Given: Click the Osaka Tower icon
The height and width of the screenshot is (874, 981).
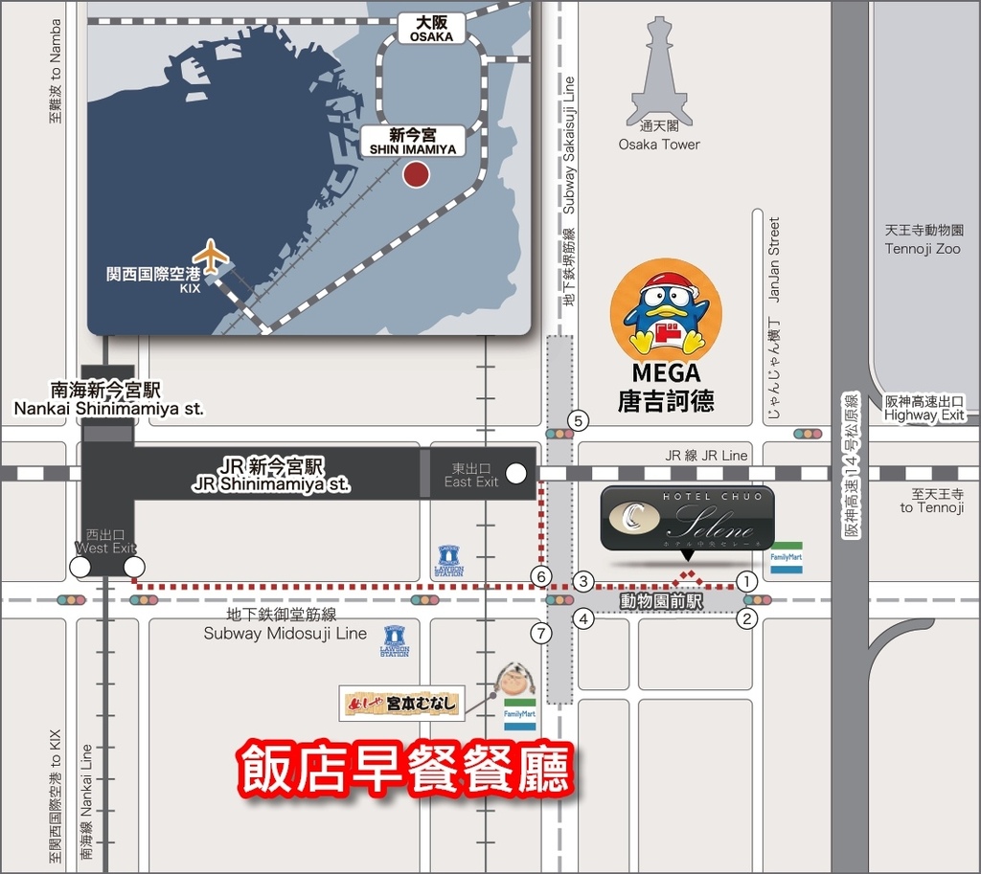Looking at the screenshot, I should [x=659, y=72].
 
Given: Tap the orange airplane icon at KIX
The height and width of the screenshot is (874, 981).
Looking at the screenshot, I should [x=211, y=257].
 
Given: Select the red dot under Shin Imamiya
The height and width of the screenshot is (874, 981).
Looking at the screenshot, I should [x=415, y=175].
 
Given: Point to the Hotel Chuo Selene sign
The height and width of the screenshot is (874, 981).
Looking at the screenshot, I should [x=687, y=518].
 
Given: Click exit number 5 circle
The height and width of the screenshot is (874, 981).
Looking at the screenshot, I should [x=577, y=420].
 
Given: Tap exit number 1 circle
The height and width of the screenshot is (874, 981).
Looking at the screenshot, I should [x=747, y=580].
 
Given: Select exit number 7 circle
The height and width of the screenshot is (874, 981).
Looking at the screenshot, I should [x=543, y=633].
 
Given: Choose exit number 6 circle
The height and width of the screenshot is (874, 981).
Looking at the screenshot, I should [x=542, y=577].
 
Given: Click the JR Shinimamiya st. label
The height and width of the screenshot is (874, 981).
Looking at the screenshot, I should [x=271, y=475].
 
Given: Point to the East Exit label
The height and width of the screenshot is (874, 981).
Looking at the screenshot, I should [x=471, y=475].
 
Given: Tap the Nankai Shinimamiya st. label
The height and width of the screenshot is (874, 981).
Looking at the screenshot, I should [x=107, y=399].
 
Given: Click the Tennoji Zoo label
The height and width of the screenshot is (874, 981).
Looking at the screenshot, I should [x=923, y=239].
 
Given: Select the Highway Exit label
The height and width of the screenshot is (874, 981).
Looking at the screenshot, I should [x=924, y=408].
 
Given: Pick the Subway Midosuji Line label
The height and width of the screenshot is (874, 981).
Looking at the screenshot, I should [x=285, y=624].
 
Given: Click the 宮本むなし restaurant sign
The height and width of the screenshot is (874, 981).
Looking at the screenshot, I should [x=403, y=705].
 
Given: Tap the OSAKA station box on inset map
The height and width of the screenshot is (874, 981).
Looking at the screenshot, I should [x=431, y=28].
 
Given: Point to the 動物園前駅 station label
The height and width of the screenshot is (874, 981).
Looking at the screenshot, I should [x=661, y=602].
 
